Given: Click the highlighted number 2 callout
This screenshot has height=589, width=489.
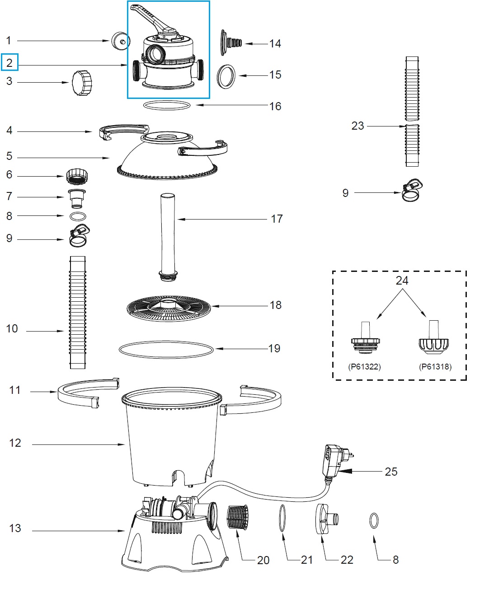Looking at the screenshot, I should click(x=9, y=63).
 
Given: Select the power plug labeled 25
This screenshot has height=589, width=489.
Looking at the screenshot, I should click(x=333, y=461).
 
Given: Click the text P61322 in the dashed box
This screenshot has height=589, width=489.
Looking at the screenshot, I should click(x=364, y=367).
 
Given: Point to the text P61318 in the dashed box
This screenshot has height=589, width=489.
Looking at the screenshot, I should click(x=435, y=367).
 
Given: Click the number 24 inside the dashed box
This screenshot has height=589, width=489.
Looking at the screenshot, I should click(x=402, y=280).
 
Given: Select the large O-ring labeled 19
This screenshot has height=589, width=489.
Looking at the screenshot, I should click(x=166, y=349).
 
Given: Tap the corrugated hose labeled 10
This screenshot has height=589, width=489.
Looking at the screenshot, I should click(x=77, y=312).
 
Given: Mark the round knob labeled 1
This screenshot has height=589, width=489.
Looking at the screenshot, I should click(x=120, y=41).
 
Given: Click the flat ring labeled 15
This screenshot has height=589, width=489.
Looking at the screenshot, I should click(x=226, y=76).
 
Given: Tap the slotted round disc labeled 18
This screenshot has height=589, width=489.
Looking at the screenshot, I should click(x=169, y=308).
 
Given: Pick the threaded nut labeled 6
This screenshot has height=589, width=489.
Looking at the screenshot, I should click(x=76, y=175).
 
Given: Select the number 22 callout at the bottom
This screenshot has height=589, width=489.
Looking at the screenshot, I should click(x=347, y=560).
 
